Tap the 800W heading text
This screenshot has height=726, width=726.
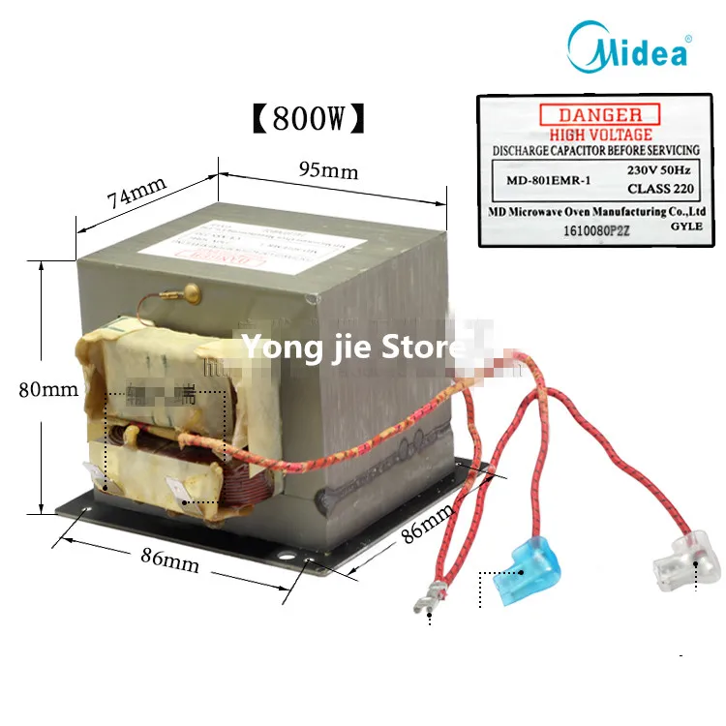coord(310,119)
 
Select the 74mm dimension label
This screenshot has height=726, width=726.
coord(136,194)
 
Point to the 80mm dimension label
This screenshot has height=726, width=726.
coord(47,391)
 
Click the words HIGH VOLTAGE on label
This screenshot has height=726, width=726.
coord(600,135)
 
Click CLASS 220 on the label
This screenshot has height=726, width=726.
coord(653,188)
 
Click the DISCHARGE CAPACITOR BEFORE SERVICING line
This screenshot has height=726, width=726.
coord(596,152)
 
